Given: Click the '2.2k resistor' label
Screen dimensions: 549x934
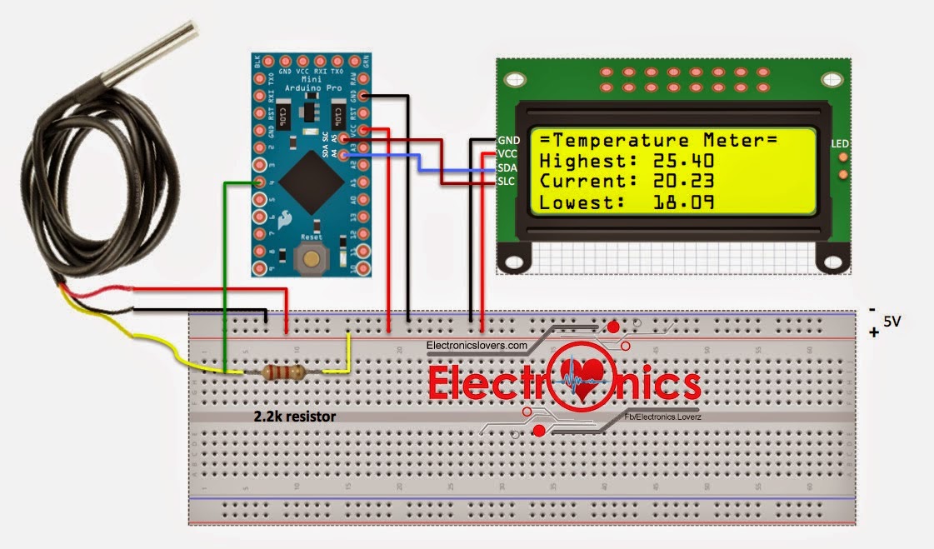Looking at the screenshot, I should [295, 415].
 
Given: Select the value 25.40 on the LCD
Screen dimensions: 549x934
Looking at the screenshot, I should [677, 160].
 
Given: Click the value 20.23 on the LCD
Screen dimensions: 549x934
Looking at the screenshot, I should [677, 181].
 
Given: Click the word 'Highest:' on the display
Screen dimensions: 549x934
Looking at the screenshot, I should [583, 160].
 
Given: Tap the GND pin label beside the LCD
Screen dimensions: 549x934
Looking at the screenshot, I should [507, 139].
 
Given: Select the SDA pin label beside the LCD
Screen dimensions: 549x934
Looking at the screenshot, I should [507, 167].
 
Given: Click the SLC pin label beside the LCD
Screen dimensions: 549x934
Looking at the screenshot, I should [507, 181].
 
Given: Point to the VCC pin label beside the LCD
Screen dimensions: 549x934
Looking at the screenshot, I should [507, 153].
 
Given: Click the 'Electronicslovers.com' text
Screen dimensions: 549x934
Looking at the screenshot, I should [477, 345].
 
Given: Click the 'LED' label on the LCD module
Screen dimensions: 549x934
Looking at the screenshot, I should [840, 144].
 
